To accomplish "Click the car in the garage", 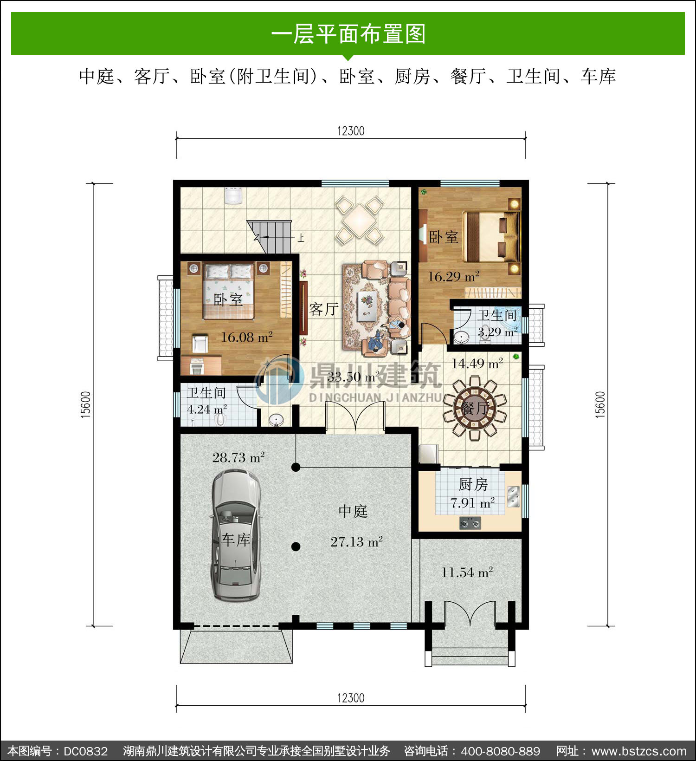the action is click(235, 535).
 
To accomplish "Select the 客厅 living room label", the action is click(324, 309).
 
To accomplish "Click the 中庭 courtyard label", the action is click(353, 511).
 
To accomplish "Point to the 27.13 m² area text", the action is click(356, 541).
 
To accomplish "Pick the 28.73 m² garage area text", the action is click(238, 457).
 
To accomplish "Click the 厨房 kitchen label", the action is click(473, 484).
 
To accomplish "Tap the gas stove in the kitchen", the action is click(470, 524).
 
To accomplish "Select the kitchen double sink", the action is click(513, 497).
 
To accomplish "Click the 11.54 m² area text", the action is click(467, 572).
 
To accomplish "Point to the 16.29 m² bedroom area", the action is click(453, 277).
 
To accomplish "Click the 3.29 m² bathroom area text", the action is click(498, 332).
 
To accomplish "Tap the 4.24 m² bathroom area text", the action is click(207, 409).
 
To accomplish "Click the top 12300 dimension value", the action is click(351, 131).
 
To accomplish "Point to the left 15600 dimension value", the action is click(86, 405).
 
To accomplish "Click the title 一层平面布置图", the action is click(348, 34).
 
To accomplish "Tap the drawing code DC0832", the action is click(86, 751).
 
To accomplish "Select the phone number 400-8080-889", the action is click(501, 751).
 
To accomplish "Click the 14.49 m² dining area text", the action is click(477, 364).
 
